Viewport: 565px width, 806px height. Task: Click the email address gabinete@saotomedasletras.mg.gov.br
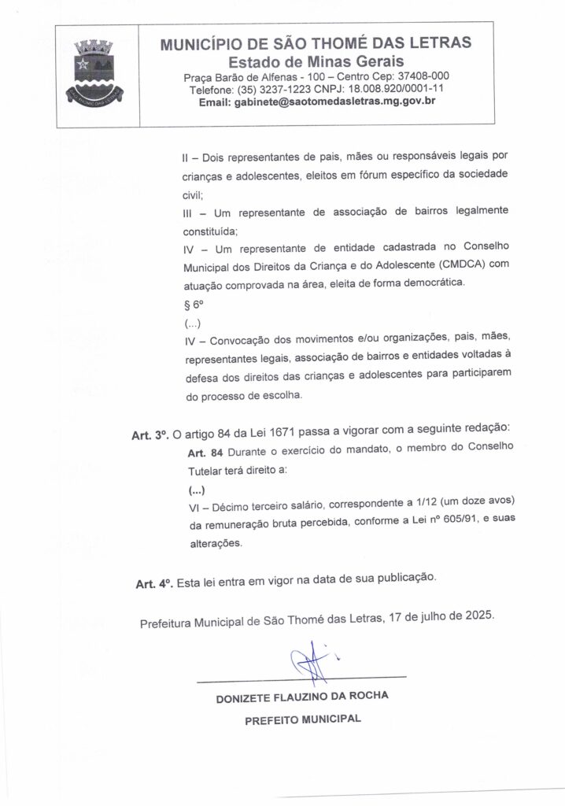pos(317,102)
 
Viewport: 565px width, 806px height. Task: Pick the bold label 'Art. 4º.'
pos(153,583)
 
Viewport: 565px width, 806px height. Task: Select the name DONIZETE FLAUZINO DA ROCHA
pos(302,697)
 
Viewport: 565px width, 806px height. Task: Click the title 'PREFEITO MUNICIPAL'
pos(302,719)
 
